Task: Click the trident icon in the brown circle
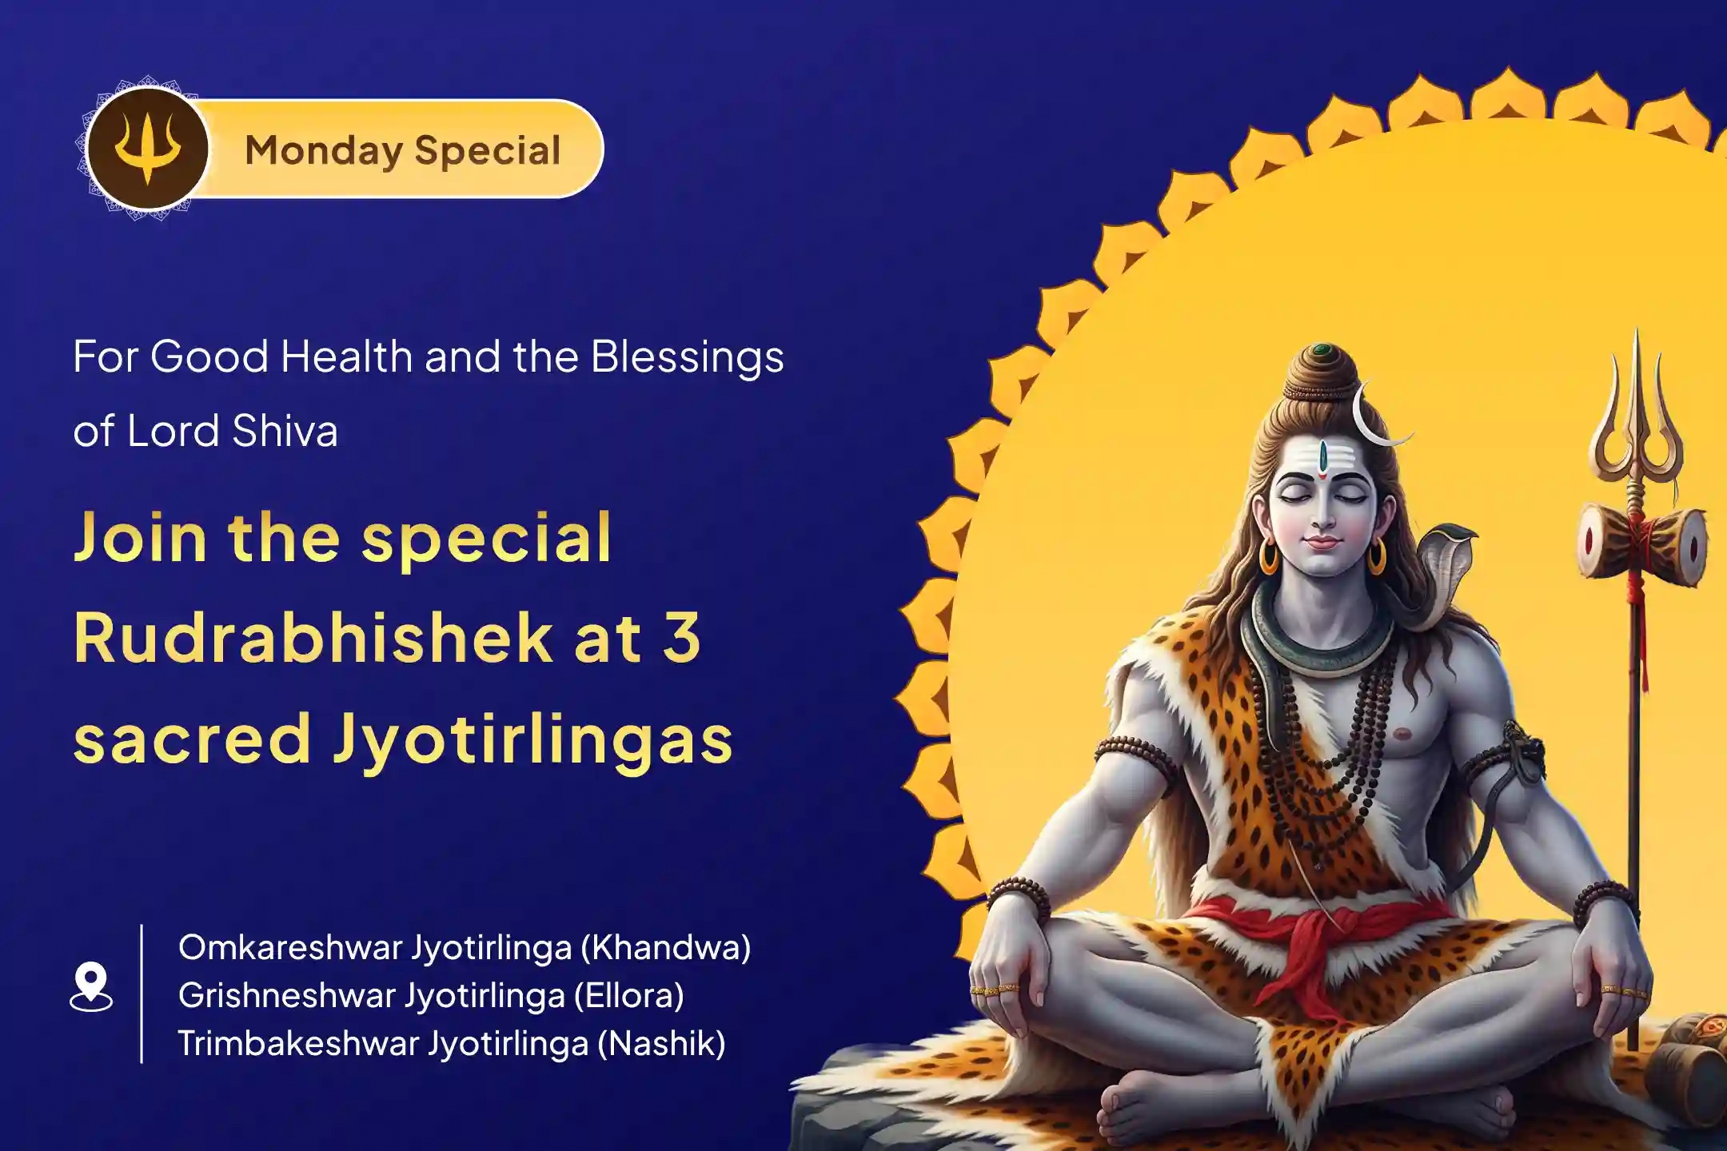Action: coord(147,149)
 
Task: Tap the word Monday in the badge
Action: coord(323,151)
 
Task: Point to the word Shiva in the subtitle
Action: coord(285,432)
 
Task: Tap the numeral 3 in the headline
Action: coord(682,639)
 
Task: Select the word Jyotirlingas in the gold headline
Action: coord(532,739)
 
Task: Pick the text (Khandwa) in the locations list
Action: coord(666,948)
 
